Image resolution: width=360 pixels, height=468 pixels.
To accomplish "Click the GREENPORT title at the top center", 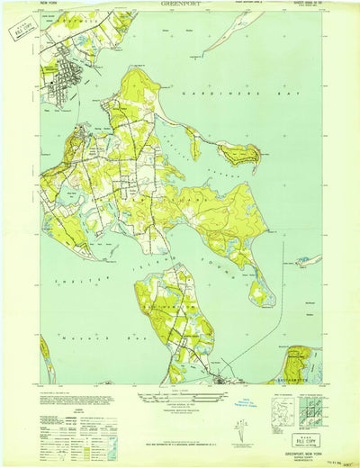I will [x=181, y=4].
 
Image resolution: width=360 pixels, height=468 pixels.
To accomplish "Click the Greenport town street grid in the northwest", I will [x=67, y=85].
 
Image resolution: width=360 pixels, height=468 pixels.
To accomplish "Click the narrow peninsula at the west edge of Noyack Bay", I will [x=45, y=355].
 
